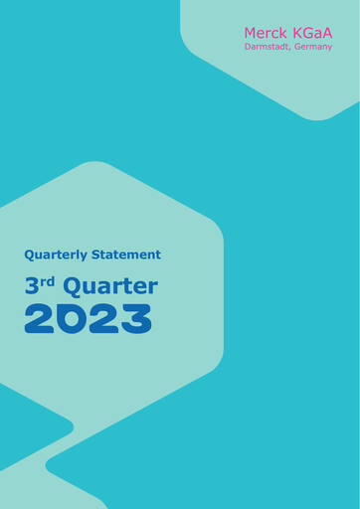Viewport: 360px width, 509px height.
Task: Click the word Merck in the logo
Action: [x=266, y=33]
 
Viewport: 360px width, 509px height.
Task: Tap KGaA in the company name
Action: [x=311, y=33]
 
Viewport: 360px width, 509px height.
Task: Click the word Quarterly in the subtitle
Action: [x=57, y=254]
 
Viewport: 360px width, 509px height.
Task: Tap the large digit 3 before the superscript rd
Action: [x=32, y=287]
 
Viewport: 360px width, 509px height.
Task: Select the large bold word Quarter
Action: [x=109, y=287]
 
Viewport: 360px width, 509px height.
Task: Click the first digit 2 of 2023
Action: [x=40, y=319]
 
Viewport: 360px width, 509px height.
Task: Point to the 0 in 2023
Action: [x=72, y=319]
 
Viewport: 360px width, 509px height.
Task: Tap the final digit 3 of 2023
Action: [x=135, y=319]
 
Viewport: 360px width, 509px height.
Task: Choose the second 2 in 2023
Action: [x=103, y=319]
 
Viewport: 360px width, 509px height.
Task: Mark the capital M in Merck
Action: [x=252, y=33]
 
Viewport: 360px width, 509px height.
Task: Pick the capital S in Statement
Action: [x=97, y=254]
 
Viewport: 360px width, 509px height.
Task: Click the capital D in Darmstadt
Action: [x=248, y=47]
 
